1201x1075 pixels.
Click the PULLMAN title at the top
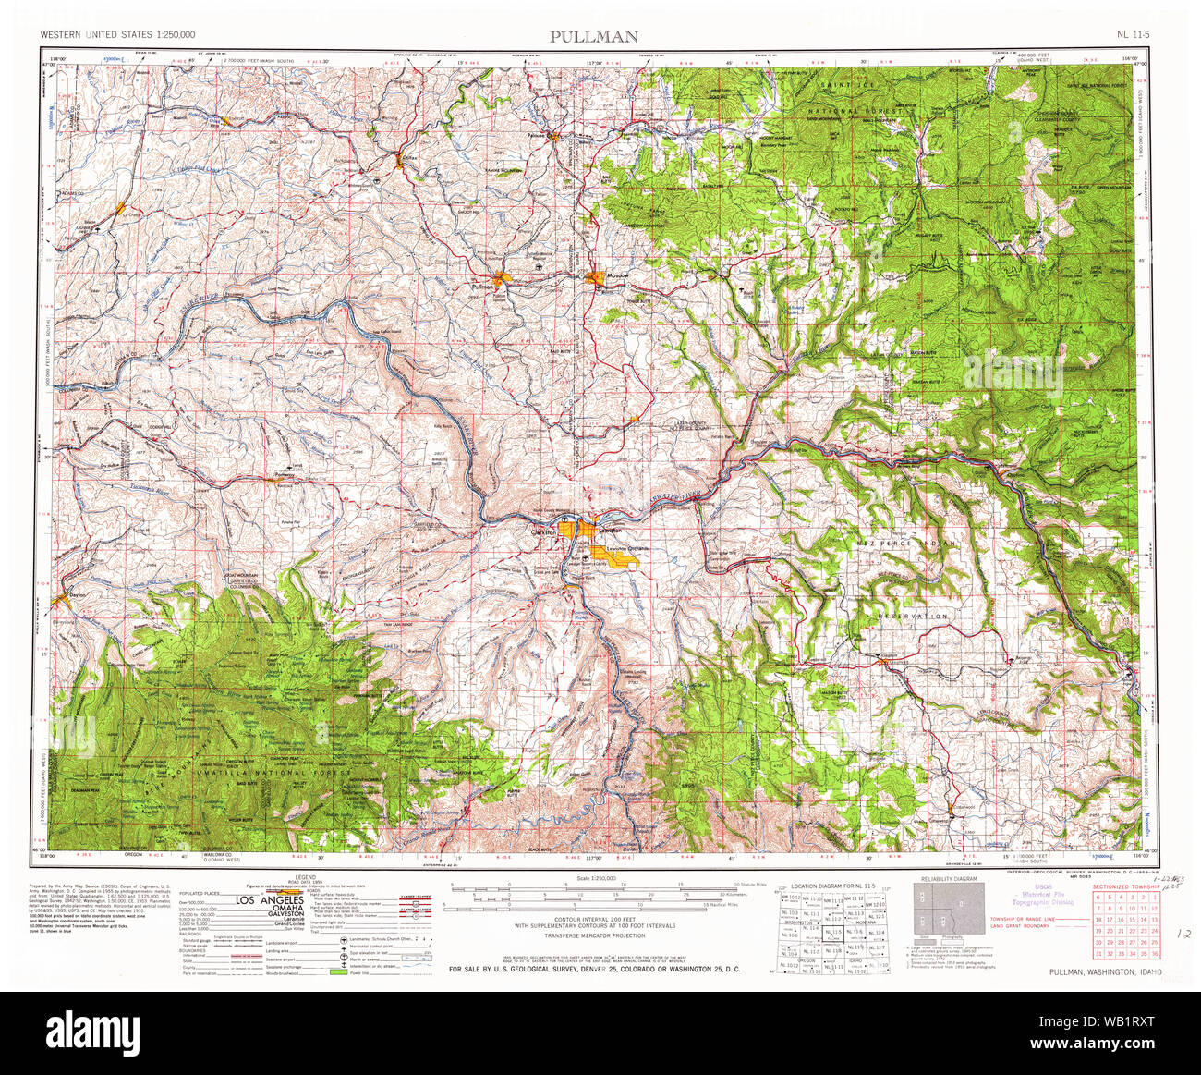click(594, 36)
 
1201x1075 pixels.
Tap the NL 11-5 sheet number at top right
click(1133, 35)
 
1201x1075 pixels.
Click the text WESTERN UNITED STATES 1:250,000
click(117, 35)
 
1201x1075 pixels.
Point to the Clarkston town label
click(544, 533)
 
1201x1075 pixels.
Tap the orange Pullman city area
click(502, 279)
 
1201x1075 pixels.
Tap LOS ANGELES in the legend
click(270, 899)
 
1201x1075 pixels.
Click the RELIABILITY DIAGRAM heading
click(949, 878)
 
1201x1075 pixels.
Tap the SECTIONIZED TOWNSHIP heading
click(1126, 886)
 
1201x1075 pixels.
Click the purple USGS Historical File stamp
click(1048, 897)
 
